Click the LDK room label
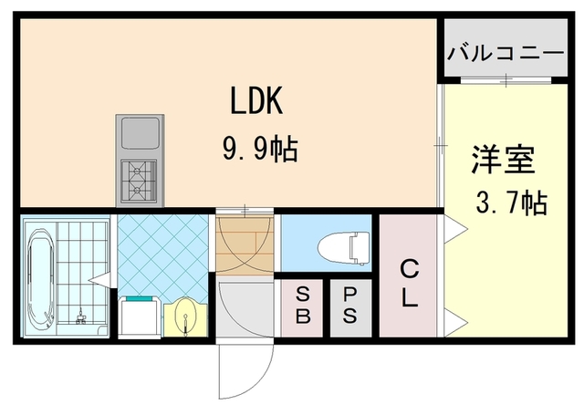click(255, 101)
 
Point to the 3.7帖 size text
click(510, 202)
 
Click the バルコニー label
click(505, 52)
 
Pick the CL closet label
click(409, 282)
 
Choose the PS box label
click(350, 306)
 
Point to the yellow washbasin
click(187, 316)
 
